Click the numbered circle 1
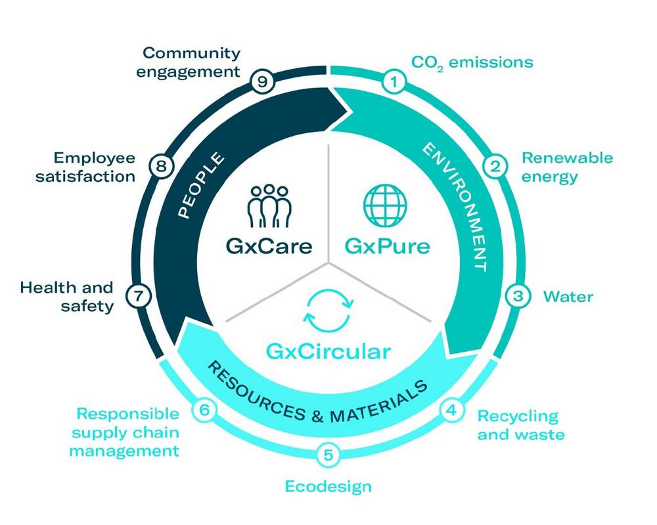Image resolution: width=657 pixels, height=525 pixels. (394, 82)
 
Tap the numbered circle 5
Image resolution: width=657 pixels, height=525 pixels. (328, 455)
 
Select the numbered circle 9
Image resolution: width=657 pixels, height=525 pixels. (262, 81)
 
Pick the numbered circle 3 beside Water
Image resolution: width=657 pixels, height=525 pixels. (518, 296)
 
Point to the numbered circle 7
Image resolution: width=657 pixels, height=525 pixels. (138, 297)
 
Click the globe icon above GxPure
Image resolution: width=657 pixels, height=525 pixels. (385, 205)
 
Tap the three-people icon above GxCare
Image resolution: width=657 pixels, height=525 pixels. (269, 206)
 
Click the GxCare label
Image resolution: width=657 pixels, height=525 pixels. (269, 246)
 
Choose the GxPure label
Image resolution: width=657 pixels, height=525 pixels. (387, 246)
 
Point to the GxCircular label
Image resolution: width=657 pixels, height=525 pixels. (328, 352)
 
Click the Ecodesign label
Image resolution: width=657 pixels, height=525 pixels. (328, 486)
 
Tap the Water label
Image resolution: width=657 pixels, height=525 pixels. (568, 297)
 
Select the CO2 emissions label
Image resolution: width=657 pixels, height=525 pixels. (472, 63)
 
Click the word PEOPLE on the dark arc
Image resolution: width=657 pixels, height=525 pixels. (200, 185)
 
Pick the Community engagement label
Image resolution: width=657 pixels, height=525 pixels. (188, 62)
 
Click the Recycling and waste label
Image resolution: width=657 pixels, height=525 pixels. (521, 425)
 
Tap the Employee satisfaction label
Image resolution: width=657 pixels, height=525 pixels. (85, 167)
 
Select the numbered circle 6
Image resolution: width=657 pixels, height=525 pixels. (204, 409)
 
